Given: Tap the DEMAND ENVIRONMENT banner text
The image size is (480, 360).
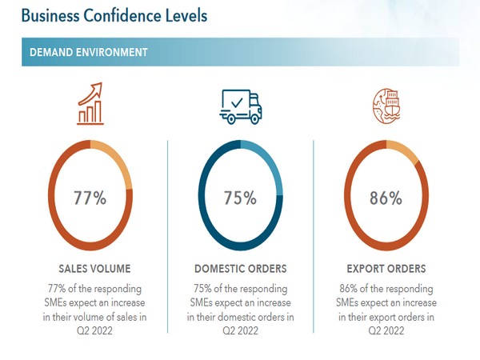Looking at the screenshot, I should [88, 52].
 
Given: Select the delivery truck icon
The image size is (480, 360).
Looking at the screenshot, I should [240, 106].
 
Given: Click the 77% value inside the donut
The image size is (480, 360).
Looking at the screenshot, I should [90, 198].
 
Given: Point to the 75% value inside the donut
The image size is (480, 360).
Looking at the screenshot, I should [239, 198].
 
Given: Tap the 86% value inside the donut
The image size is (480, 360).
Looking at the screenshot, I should [386, 198].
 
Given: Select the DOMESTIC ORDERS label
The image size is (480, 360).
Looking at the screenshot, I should [240, 269].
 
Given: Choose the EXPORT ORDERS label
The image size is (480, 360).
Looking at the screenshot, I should [386, 269].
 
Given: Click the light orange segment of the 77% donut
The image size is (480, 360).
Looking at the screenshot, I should [114, 157].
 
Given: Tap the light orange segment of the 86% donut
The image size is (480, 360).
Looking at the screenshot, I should [402, 151].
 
